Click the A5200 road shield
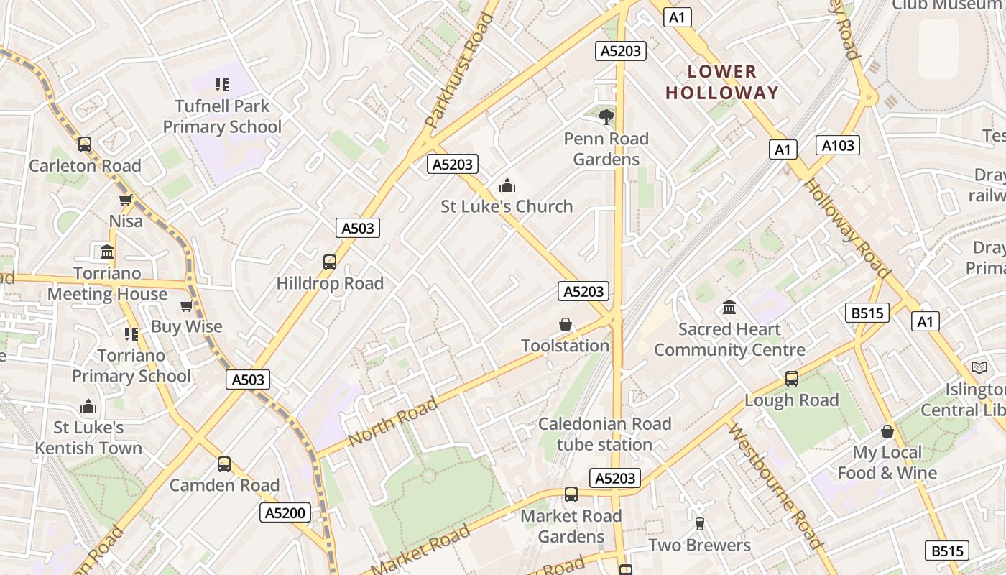coord(286,512)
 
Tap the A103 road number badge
coord(838,146)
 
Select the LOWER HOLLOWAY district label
coord(722,82)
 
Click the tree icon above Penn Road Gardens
coord(606,116)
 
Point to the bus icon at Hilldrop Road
coord(330,262)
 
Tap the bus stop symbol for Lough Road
coord(792,379)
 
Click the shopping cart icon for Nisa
coord(126,201)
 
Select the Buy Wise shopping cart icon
coord(187,306)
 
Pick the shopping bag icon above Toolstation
coord(566,325)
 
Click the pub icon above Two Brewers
coord(699,524)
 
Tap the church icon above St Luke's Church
coord(507,186)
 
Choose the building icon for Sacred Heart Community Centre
coord(729,308)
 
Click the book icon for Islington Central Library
coord(979,368)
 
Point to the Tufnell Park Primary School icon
coord(222,85)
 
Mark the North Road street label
coord(392,421)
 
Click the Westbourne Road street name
coord(775,486)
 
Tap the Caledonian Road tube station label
coord(604,434)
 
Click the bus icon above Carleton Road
coord(85,144)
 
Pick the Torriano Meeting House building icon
coord(107,252)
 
